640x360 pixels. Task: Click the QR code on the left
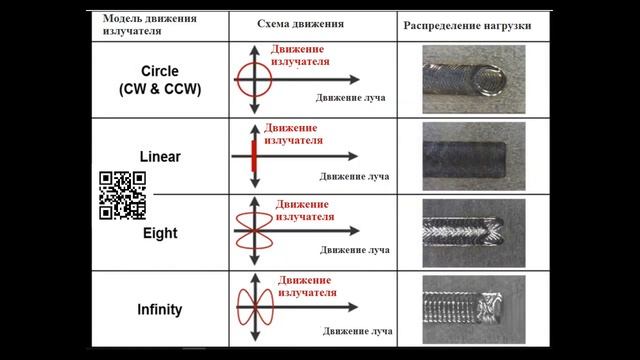tap(122, 195)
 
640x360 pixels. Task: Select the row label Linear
tap(160, 158)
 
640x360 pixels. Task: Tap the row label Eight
tap(160, 233)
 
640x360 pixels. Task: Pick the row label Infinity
tap(160, 309)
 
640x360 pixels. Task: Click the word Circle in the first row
tap(160, 72)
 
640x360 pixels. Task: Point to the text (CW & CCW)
tap(160, 89)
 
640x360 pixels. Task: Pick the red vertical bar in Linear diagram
tap(255, 156)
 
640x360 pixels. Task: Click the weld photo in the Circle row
tap(468, 77)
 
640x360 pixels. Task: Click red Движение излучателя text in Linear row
tap(293, 135)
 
